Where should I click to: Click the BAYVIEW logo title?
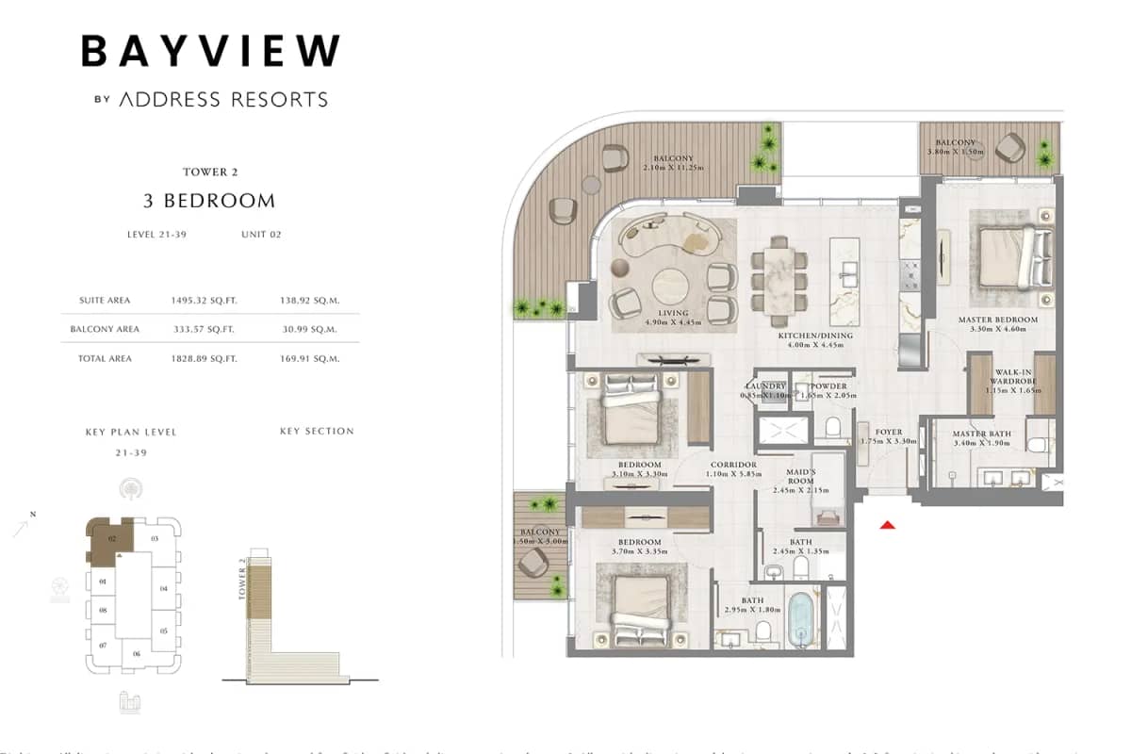tap(210, 51)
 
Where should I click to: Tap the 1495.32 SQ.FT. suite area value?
tap(204, 300)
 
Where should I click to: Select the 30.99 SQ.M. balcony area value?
tap(310, 329)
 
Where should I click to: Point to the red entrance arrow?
tap(886, 525)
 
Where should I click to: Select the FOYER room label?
tap(889, 433)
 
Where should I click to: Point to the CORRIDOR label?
tap(733, 465)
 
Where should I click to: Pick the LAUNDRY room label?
tap(765, 386)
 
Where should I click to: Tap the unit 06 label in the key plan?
tap(137, 653)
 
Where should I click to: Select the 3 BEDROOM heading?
tap(209, 200)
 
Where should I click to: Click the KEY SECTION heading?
tap(317, 431)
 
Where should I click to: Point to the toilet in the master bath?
tap(1039, 445)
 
